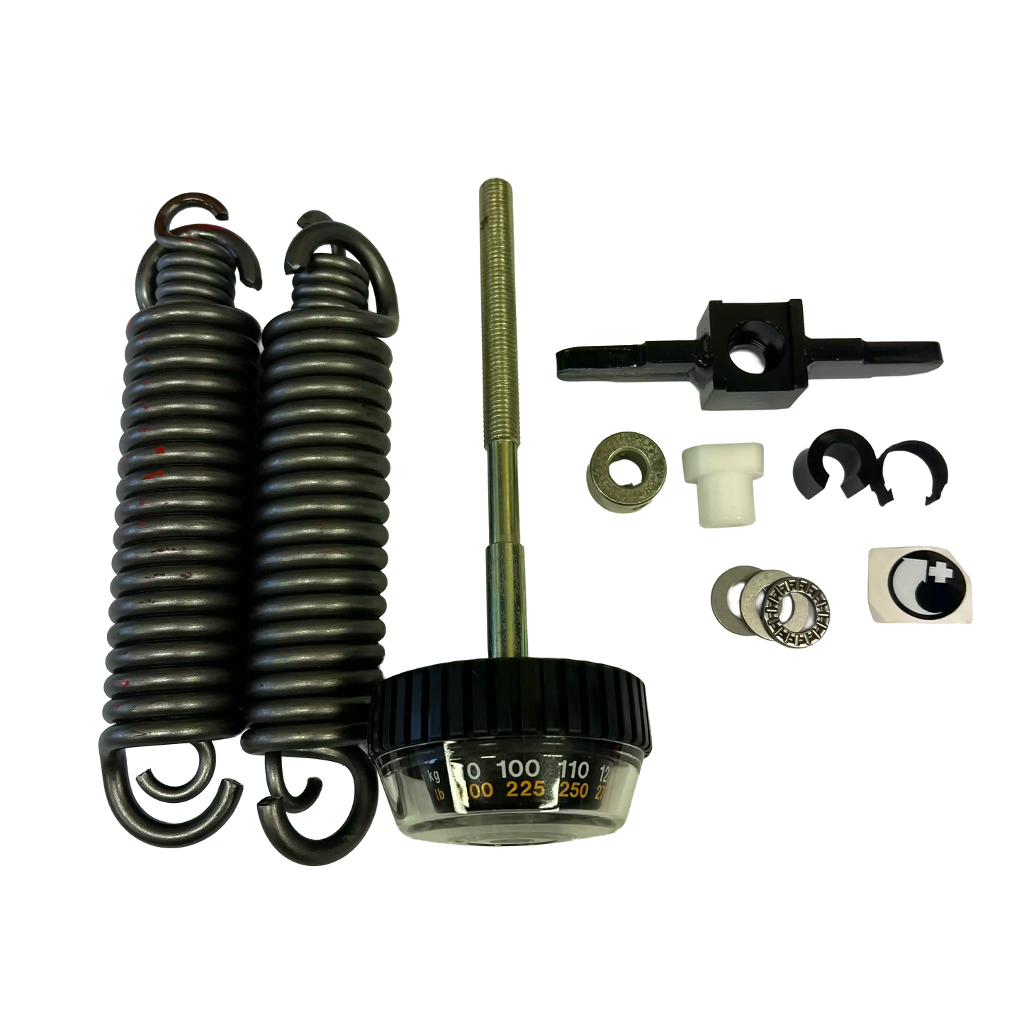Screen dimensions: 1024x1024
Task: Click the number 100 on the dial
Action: click(521, 769)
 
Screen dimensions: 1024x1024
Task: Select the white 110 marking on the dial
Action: click(575, 770)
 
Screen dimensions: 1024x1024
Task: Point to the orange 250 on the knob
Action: click(574, 792)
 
